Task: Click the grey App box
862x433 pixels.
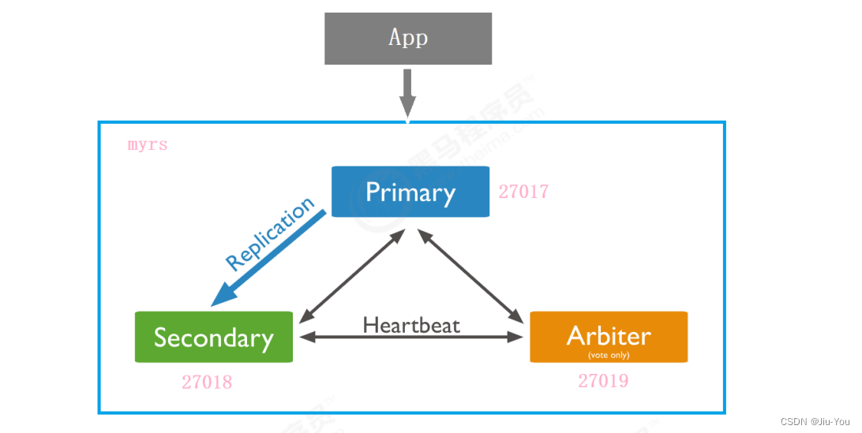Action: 408,38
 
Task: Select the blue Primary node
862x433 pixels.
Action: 410,192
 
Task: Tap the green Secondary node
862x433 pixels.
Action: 214,338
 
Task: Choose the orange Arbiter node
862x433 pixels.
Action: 609,338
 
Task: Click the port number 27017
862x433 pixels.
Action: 523,192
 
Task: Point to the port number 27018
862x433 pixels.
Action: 207,383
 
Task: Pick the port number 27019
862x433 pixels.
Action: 603,382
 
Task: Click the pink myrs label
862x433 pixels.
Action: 148,146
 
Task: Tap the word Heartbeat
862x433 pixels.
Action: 411,324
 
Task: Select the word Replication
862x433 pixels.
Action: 269,235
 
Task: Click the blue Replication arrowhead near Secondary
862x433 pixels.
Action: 223,296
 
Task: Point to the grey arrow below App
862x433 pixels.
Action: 407,93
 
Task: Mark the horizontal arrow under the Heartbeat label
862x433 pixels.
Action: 411,338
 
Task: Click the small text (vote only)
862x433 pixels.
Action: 609,355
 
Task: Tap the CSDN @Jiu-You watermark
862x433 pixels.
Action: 819,422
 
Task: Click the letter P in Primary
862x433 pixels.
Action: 373,192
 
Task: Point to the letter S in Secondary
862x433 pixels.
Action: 161,338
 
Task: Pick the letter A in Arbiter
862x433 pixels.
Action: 576,336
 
